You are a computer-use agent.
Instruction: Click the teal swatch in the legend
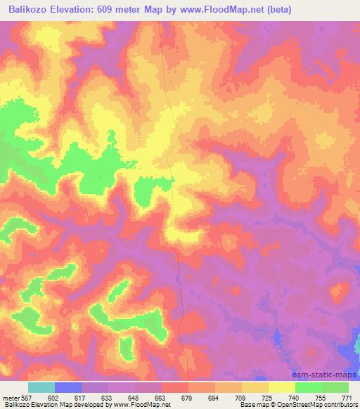tap(41, 387)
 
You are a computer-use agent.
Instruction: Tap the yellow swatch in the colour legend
tap(282, 387)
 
